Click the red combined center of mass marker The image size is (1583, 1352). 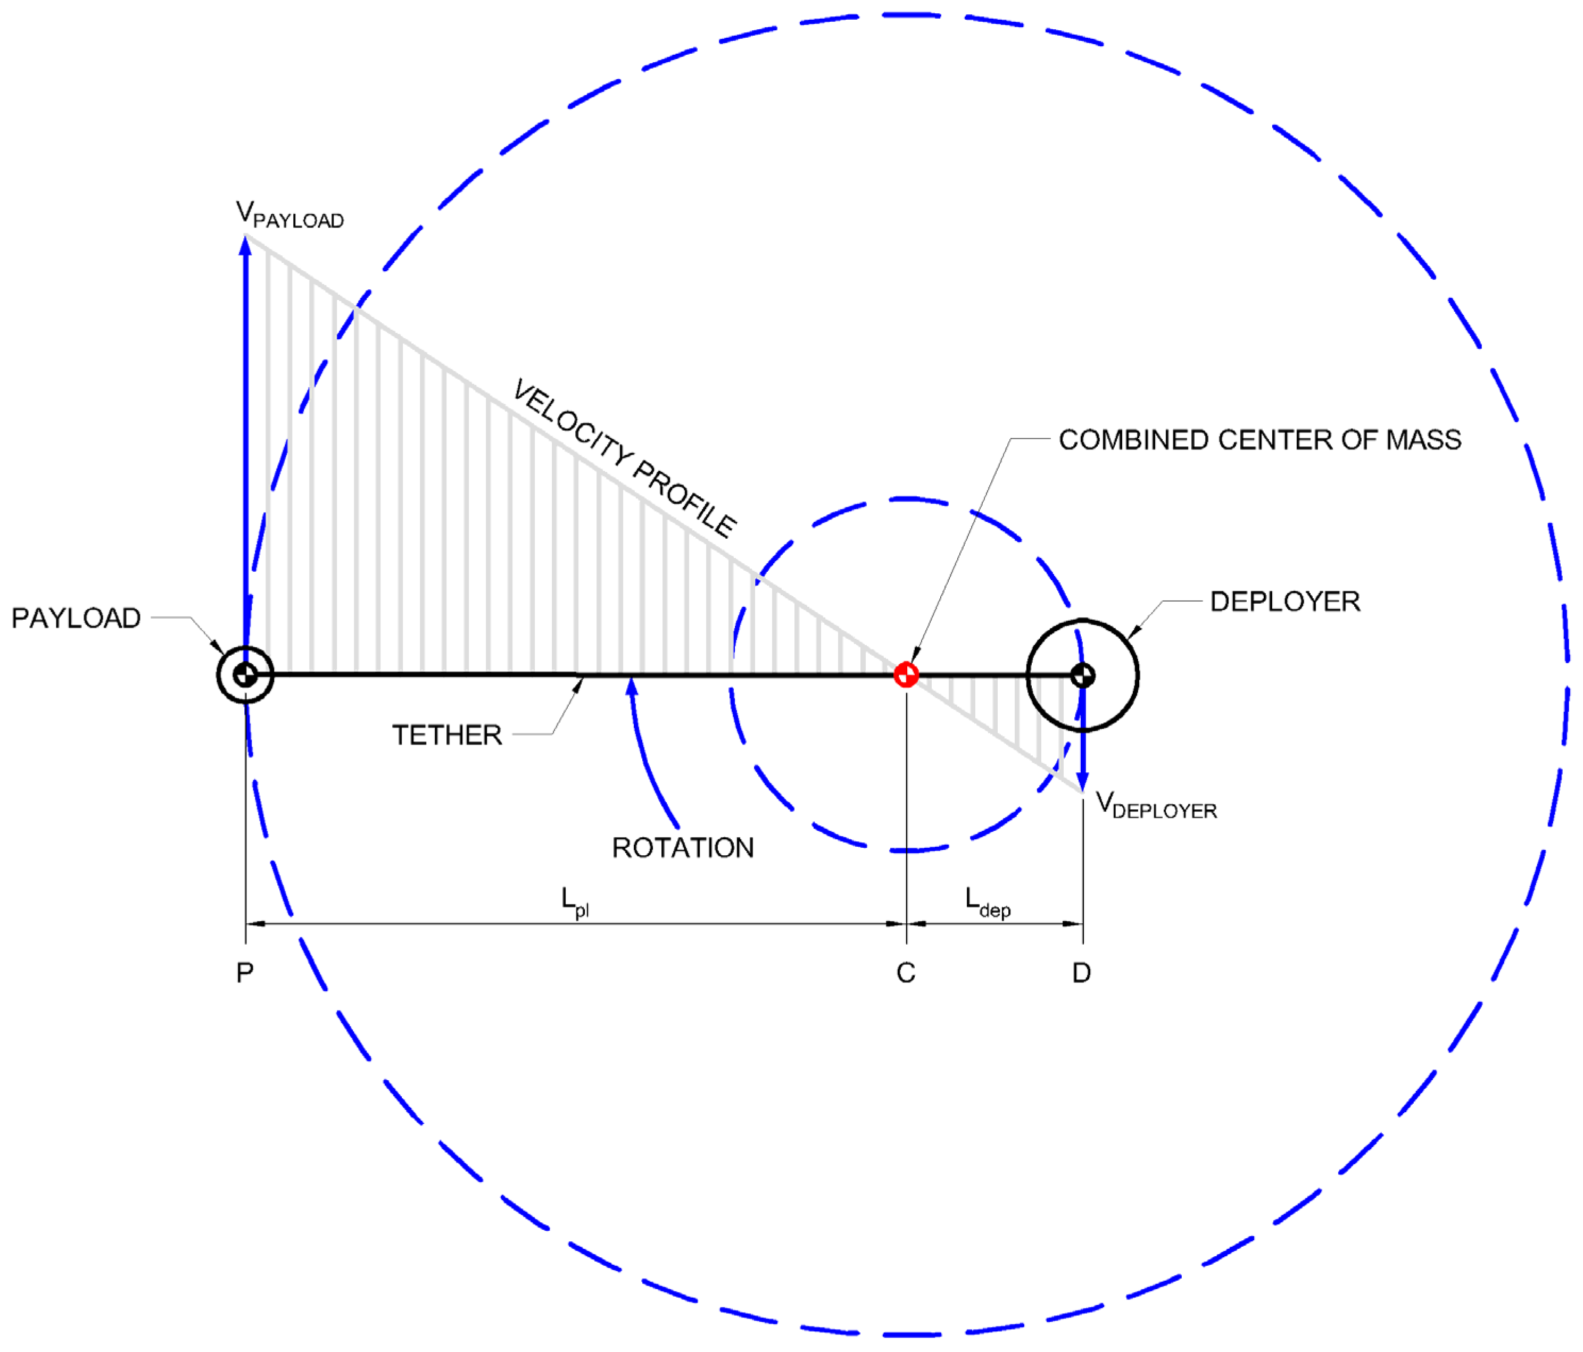906,674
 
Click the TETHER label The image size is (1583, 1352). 447,735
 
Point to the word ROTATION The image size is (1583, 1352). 683,848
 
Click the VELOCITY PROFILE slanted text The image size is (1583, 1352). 624,459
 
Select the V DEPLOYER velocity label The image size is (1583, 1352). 1155,805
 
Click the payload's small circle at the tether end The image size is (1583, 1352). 245,674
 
